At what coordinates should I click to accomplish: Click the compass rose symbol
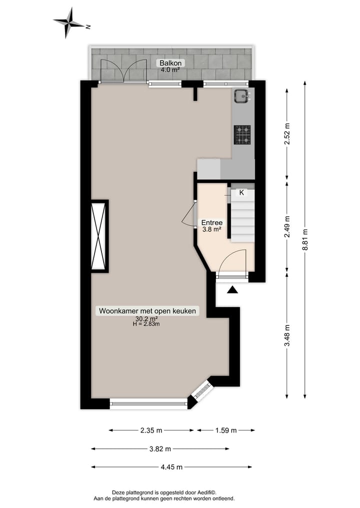[69, 22]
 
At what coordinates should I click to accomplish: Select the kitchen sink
[241, 96]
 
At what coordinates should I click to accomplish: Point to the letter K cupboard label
[241, 192]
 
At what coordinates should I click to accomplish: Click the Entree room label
[211, 223]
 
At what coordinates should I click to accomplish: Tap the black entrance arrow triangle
[232, 290]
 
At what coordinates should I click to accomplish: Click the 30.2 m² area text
[146, 319]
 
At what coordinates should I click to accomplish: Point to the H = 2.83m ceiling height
[146, 324]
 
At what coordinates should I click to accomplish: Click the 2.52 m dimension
[287, 134]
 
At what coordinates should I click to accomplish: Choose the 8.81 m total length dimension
[305, 241]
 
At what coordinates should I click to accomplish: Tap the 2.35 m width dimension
[151, 430]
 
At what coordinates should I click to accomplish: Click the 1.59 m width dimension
[225, 430]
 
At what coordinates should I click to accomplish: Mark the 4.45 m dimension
[171, 467]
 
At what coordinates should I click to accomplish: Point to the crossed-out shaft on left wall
[99, 236]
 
